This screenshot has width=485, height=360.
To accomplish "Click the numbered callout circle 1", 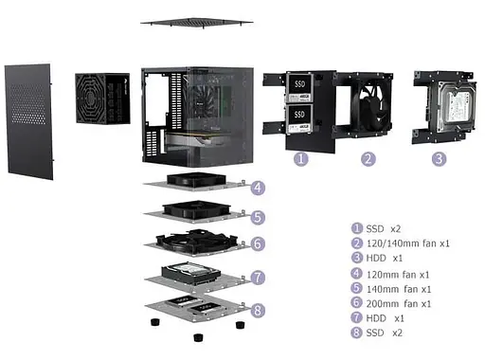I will coord(300,159).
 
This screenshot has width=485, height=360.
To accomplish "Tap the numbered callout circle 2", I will coord(368,159).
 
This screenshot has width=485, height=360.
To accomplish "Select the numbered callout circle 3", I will coord(439,159).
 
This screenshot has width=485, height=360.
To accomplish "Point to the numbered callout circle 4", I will coord(258,188).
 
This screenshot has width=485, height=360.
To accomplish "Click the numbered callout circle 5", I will coord(258,216).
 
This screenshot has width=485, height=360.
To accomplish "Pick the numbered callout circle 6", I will coord(258,244).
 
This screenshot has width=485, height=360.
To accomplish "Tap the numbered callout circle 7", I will coord(258,278).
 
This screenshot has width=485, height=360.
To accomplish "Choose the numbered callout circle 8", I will coord(258,310).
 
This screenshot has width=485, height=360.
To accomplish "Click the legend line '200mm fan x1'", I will coord(391,303).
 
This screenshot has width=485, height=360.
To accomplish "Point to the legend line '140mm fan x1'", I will coord(391,288).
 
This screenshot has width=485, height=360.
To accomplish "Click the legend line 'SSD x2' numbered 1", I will coord(377,227).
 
